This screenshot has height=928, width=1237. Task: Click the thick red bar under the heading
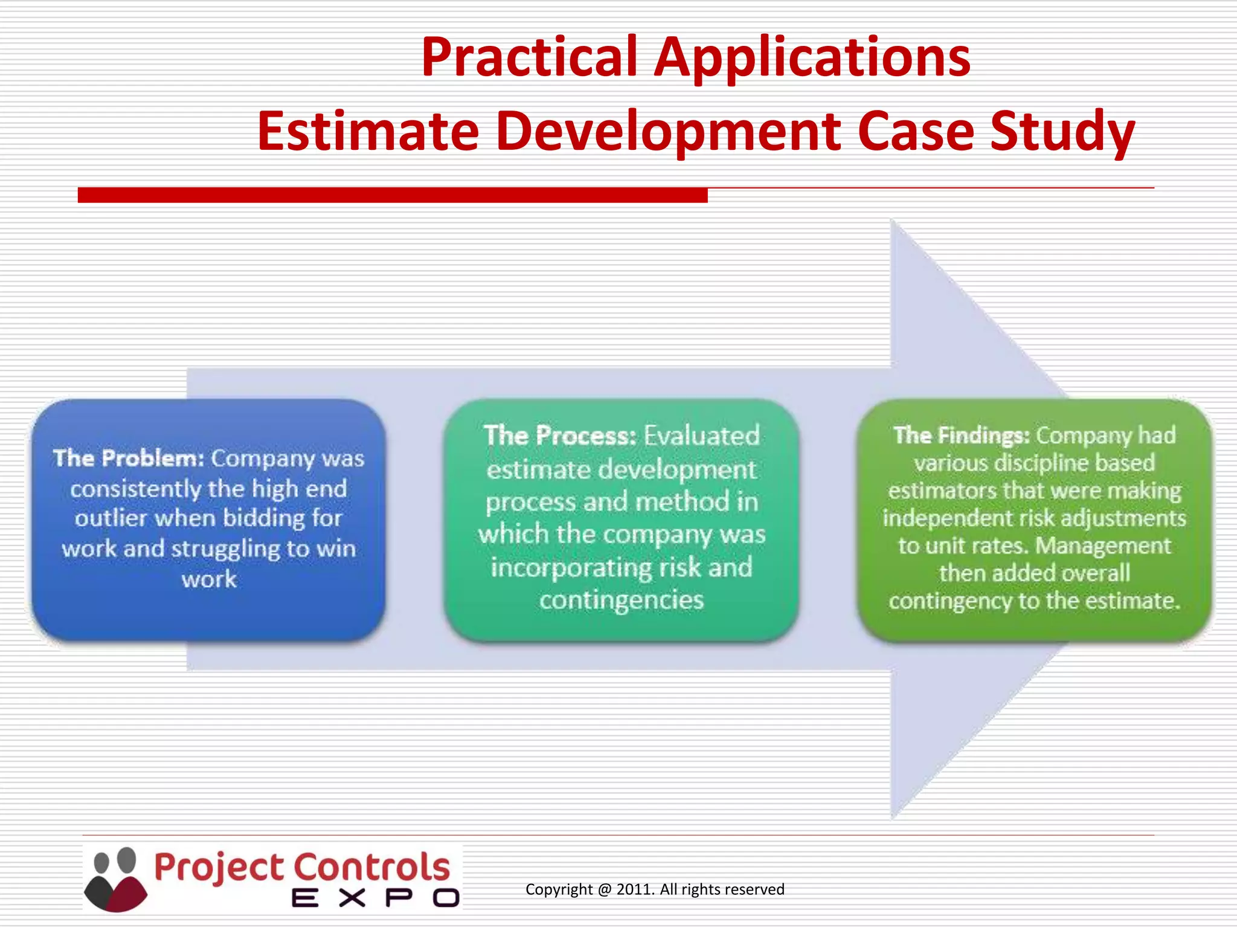pyautogui.click(x=393, y=195)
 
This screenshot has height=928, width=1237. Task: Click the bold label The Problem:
pyautogui.click(x=129, y=458)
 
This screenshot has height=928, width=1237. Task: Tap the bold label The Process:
pyautogui.click(x=560, y=436)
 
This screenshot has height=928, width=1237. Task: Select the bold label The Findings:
pyautogui.click(x=961, y=435)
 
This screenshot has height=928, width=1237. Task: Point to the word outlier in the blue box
pyautogui.click(x=111, y=518)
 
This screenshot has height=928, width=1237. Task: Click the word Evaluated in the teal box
pyautogui.click(x=701, y=436)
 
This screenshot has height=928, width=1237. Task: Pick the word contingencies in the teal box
pyautogui.click(x=622, y=600)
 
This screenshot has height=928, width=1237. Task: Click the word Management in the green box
pyautogui.click(x=1103, y=546)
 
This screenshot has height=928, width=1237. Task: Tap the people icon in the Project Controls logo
pyautogui.click(x=115, y=878)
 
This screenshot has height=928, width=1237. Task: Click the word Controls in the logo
pyautogui.click(x=372, y=868)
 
